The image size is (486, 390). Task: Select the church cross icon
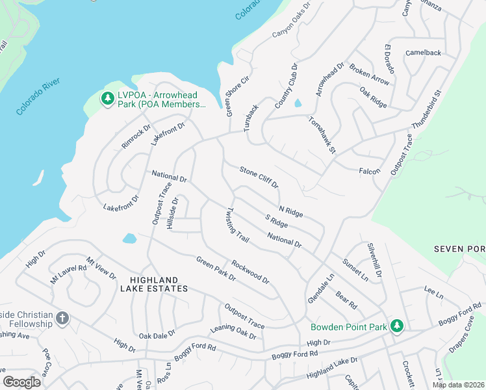coord(62,318)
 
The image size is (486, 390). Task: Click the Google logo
coord(22,382)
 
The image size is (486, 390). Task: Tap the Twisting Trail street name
coord(237,225)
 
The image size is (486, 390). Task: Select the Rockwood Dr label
coord(250,272)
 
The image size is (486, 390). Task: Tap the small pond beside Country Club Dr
coord(298,103)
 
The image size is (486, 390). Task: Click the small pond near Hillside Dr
coord(129,238)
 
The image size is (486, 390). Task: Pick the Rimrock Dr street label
coord(136,136)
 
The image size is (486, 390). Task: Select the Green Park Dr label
coord(216,268)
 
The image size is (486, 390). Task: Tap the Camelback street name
coord(423,53)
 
